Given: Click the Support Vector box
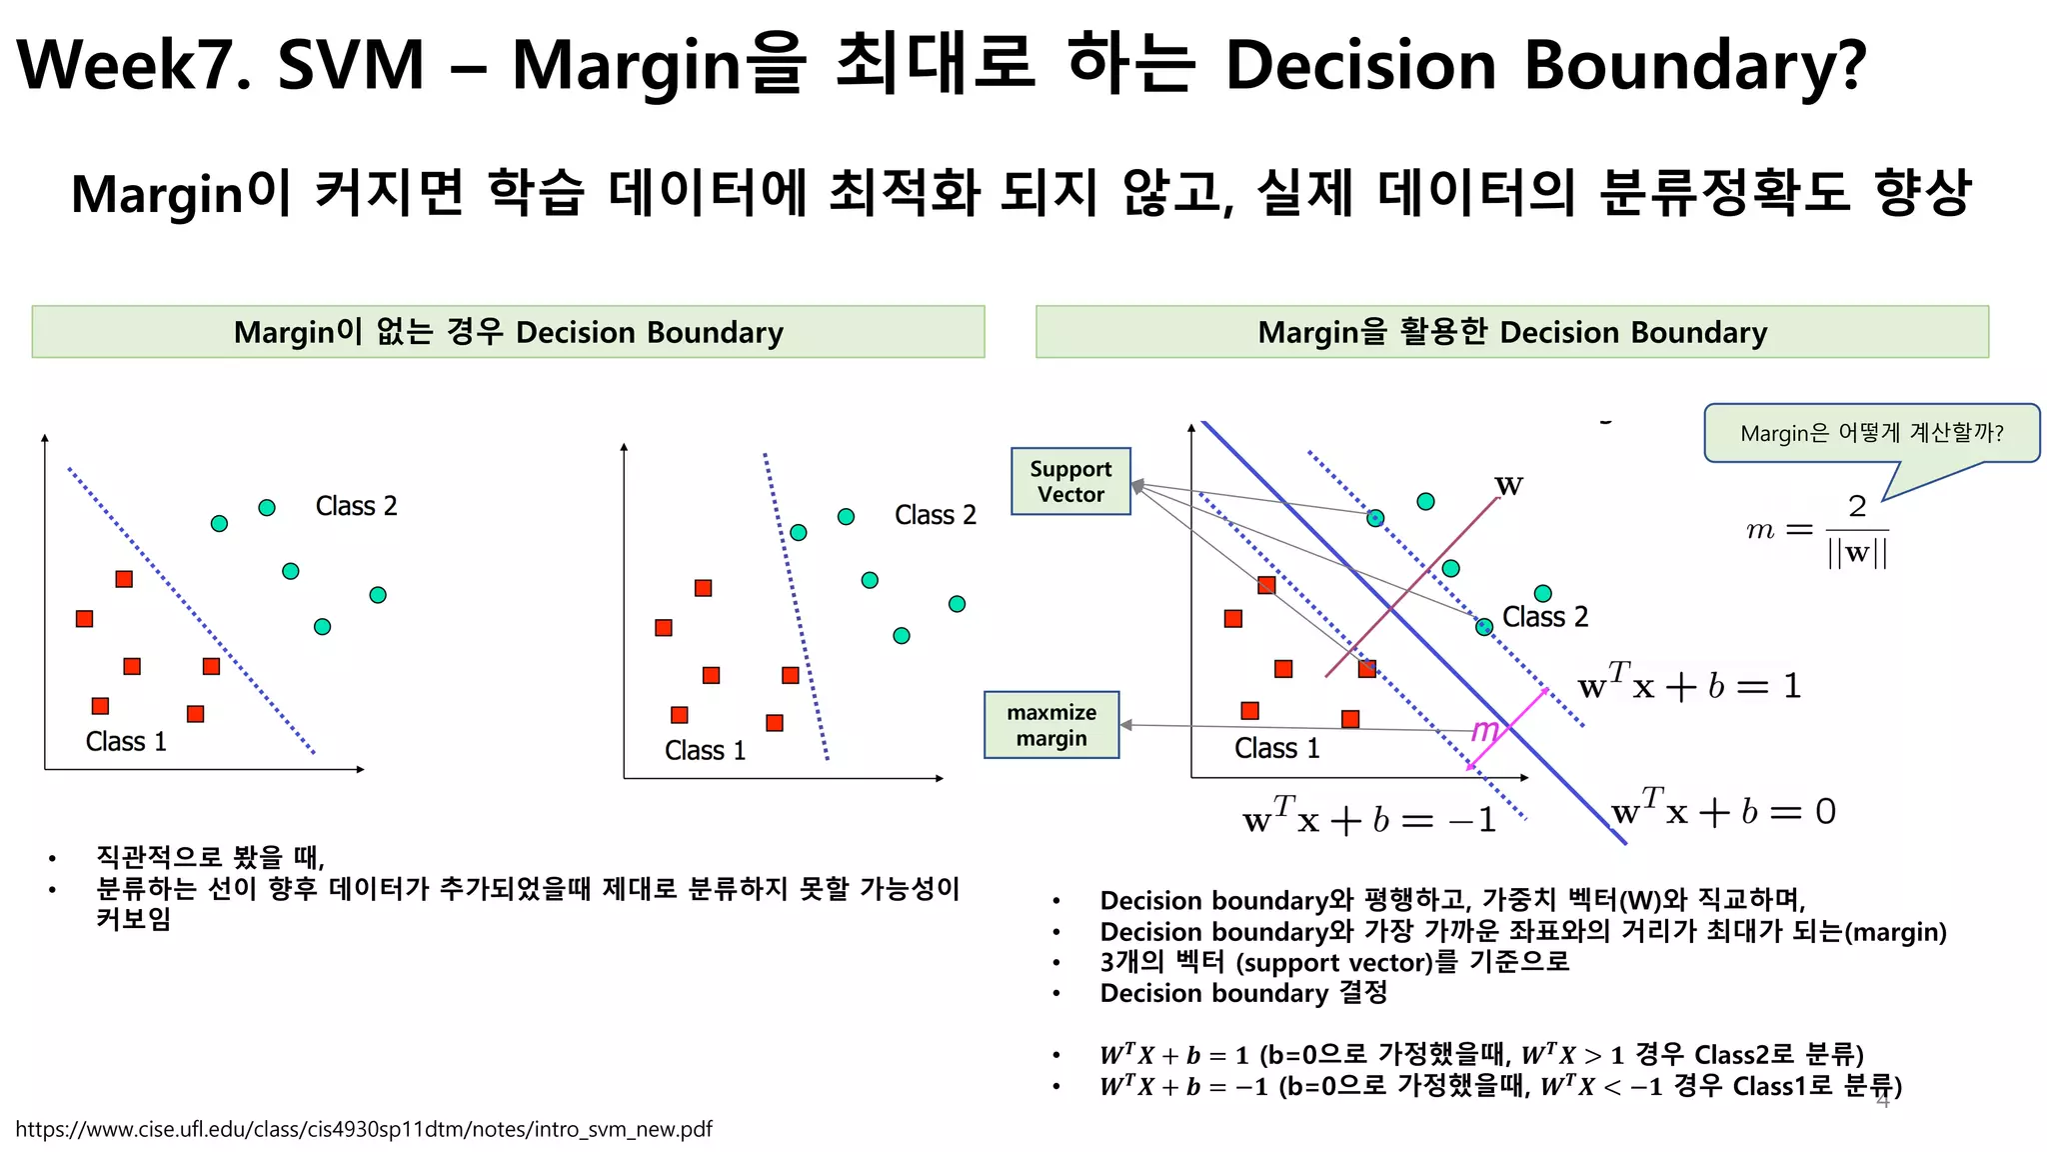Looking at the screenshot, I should (x=1070, y=481).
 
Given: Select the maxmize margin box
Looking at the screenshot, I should (x=1051, y=725).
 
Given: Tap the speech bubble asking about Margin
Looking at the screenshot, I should (x=1871, y=433).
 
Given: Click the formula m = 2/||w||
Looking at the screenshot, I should (x=1818, y=530).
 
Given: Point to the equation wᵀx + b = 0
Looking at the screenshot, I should (x=1724, y=809).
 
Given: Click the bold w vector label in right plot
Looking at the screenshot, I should (x=1508, y=486).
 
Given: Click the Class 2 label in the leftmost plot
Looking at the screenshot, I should (x=356, y=506).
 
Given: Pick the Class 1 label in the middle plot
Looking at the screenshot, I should (x=705, y=751).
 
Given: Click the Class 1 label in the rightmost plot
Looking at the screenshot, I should (x=1276, y=748).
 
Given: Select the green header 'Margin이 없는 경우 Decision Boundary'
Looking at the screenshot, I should (x=508, y=332).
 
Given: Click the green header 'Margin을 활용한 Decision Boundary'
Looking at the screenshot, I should (x=1511, y=332).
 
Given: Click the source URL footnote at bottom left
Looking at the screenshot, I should (x=364, y=1129).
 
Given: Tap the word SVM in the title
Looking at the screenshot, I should (x=351, y=65).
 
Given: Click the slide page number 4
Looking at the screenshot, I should (x=1883, y=1101).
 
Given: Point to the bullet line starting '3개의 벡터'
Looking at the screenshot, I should (x=1334, y=962).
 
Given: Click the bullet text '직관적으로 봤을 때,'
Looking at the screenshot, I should (x=210, y=857).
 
